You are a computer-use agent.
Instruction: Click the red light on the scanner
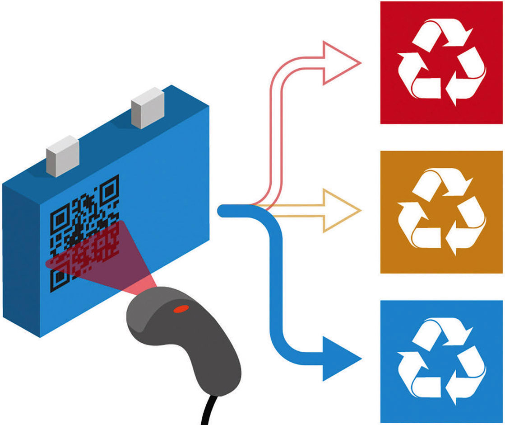(181, 309)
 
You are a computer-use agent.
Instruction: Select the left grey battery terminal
(63, 156)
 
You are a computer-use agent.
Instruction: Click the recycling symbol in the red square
(441, 62)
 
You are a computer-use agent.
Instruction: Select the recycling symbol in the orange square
(441, 212)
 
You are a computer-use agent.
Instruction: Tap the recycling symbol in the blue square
(441, 361)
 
